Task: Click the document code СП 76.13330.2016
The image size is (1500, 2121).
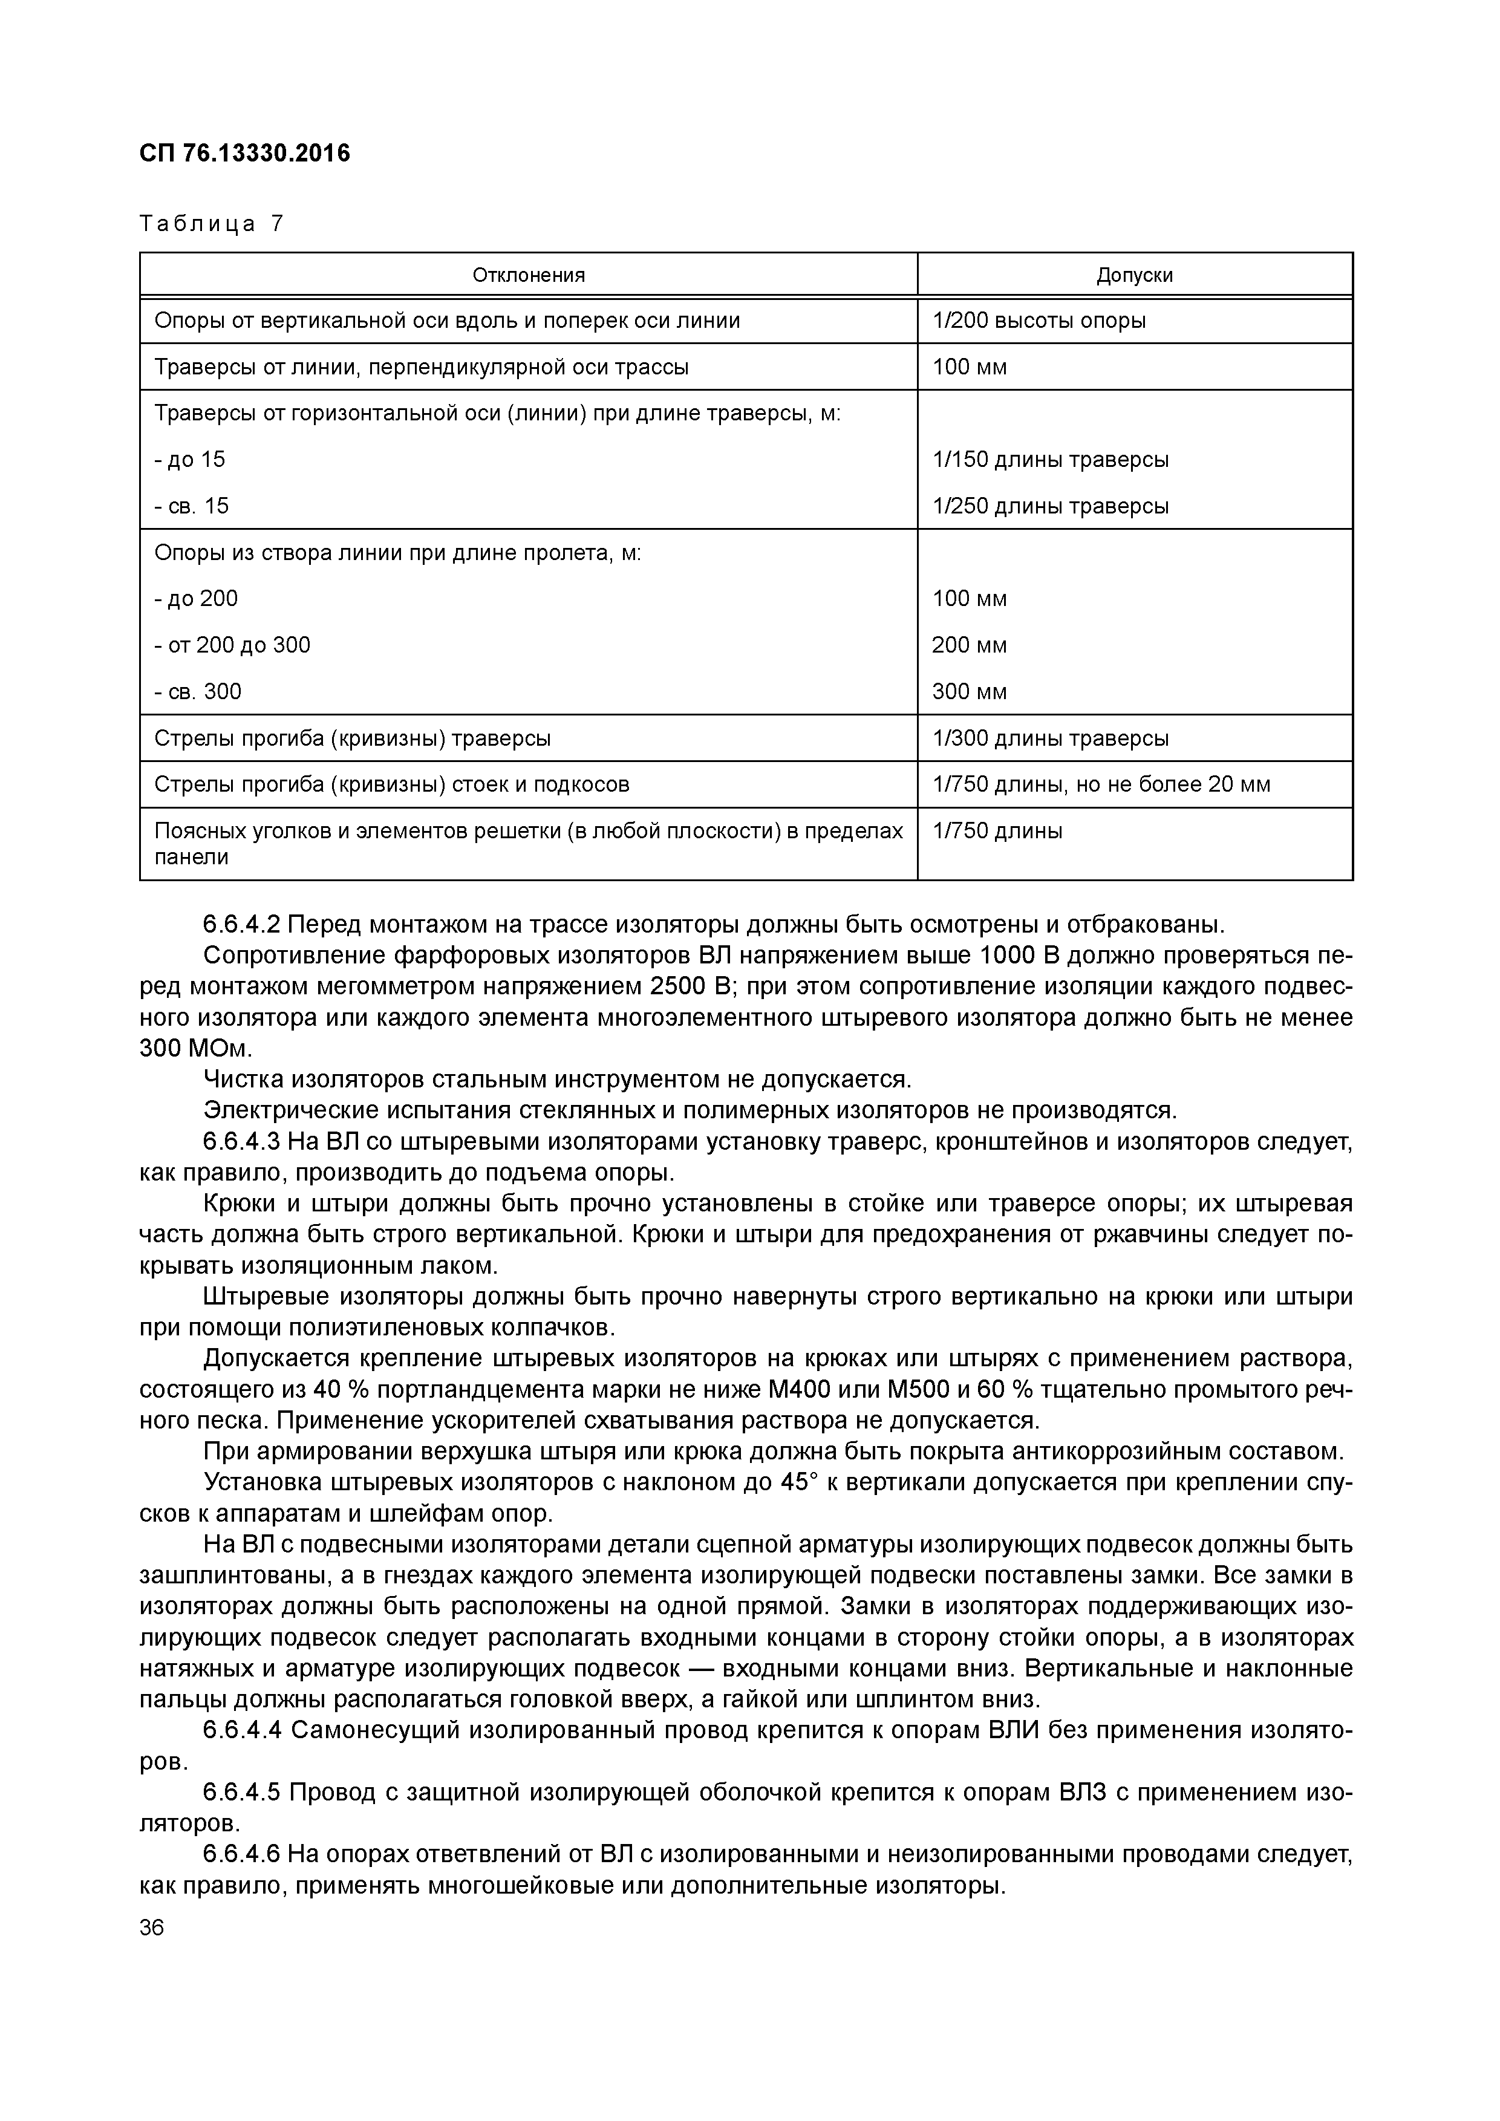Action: tap(245, 154)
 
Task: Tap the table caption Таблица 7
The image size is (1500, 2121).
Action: tap(212, 224)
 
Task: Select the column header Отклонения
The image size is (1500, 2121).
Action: tap(528, 275)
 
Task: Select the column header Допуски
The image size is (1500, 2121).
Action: tap(1134, 275)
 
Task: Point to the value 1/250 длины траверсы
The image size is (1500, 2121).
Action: tap(1050, 506)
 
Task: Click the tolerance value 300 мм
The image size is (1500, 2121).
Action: tap(969, 692)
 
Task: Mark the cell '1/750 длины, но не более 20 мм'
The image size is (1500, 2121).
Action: tap(1101, 785)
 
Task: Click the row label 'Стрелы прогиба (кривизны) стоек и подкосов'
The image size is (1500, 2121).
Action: tap(391, 785)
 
